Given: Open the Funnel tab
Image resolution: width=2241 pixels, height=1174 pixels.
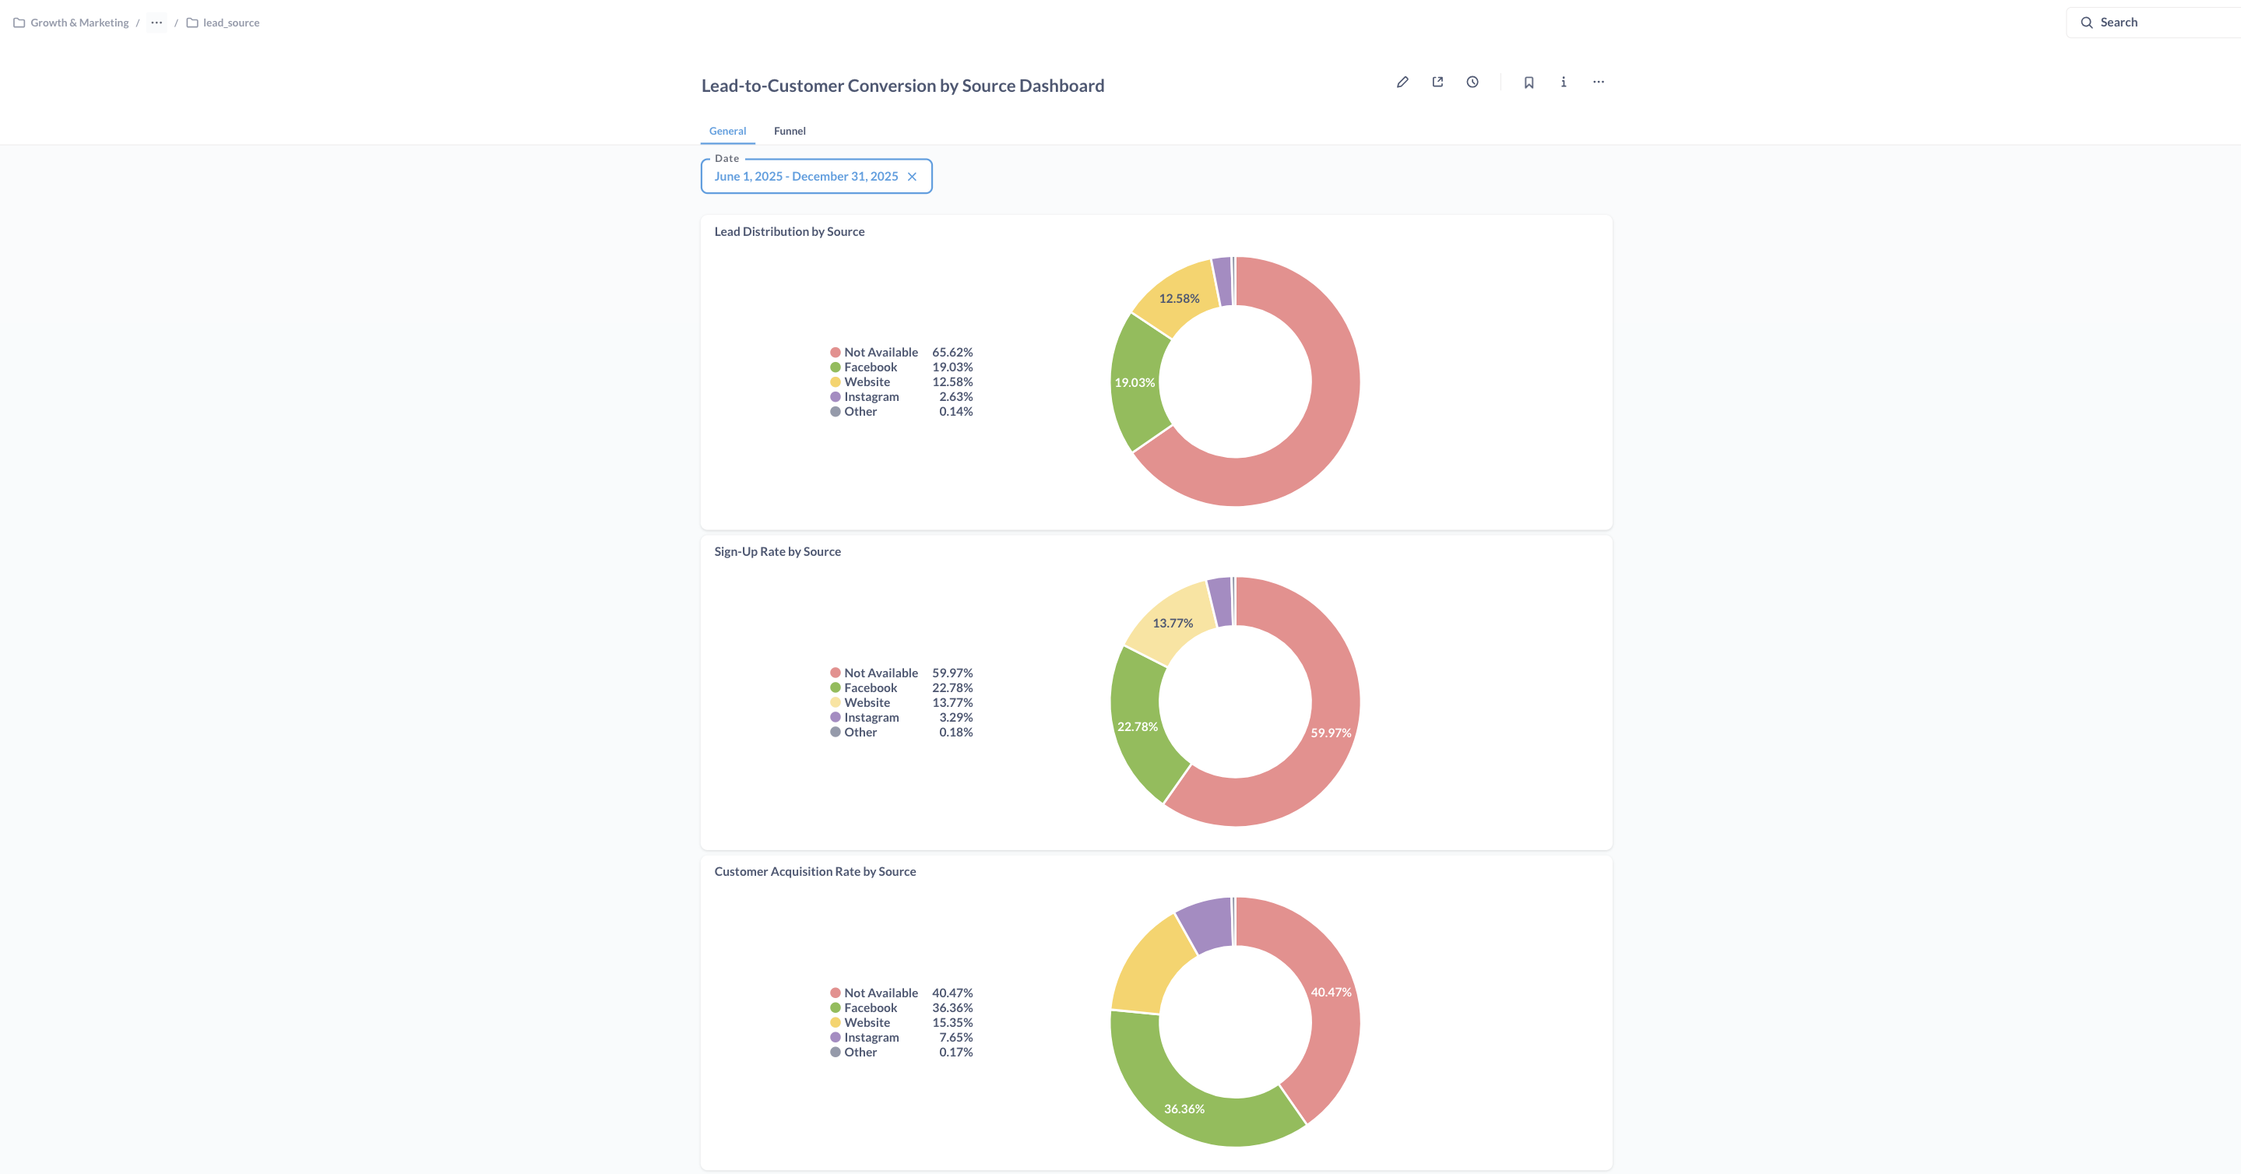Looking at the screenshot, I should point(789,132).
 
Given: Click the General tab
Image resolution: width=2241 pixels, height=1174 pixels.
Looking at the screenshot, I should point(727,132).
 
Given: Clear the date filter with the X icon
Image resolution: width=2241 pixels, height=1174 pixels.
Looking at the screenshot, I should point(912,177).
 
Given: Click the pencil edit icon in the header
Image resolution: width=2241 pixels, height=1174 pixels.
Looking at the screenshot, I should point(1402,82).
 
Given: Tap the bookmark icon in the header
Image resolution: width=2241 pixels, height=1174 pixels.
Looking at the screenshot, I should point(1529,82).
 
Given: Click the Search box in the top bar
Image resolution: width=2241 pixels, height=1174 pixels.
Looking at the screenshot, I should point(2149,23).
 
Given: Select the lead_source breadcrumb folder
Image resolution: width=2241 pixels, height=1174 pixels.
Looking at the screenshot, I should point(230,23).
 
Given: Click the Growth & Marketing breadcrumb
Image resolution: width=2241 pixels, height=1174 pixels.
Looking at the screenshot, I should point(79,23).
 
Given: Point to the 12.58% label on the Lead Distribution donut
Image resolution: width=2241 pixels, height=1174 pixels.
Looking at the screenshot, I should point(1179,298).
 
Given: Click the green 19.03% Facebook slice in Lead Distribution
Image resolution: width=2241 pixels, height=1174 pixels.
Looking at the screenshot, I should point(1135,382).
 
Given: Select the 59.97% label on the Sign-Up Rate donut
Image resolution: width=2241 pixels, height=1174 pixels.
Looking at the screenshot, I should point(1330,733).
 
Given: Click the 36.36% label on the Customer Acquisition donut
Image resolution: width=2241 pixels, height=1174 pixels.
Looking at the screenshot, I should point(1184,1109).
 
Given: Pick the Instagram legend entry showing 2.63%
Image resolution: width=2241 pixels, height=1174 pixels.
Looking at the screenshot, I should point(871,396).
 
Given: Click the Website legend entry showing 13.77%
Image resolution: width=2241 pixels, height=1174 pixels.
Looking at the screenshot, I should point(867,703).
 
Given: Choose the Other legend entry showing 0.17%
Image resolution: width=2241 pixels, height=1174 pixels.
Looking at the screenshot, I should point(860,1053).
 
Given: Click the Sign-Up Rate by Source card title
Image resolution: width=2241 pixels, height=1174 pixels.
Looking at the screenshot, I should point(777,551).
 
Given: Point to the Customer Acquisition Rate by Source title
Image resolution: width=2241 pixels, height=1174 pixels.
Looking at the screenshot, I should point(814,871).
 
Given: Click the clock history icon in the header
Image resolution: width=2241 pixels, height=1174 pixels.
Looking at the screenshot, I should point(1472,82).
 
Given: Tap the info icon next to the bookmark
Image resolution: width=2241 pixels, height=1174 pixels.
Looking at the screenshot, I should point(1564,82).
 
